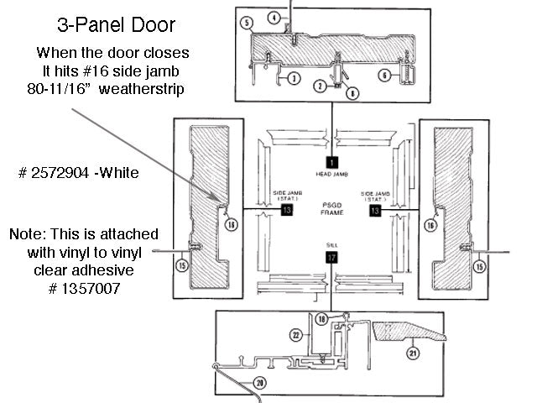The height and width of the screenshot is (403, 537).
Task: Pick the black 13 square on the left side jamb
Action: point(287,209)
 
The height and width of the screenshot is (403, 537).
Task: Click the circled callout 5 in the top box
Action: point(247,24)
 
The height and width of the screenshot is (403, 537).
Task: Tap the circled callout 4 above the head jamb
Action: point(274,17)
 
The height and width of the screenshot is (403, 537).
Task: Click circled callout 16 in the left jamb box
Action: point(232,224)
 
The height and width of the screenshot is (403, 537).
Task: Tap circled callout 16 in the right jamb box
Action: point(430,225)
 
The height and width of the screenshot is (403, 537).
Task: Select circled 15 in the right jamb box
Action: point(479,266)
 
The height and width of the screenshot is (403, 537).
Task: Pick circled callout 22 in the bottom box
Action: point(295,335)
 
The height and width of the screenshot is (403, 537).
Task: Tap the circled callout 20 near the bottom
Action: point(258,383)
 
